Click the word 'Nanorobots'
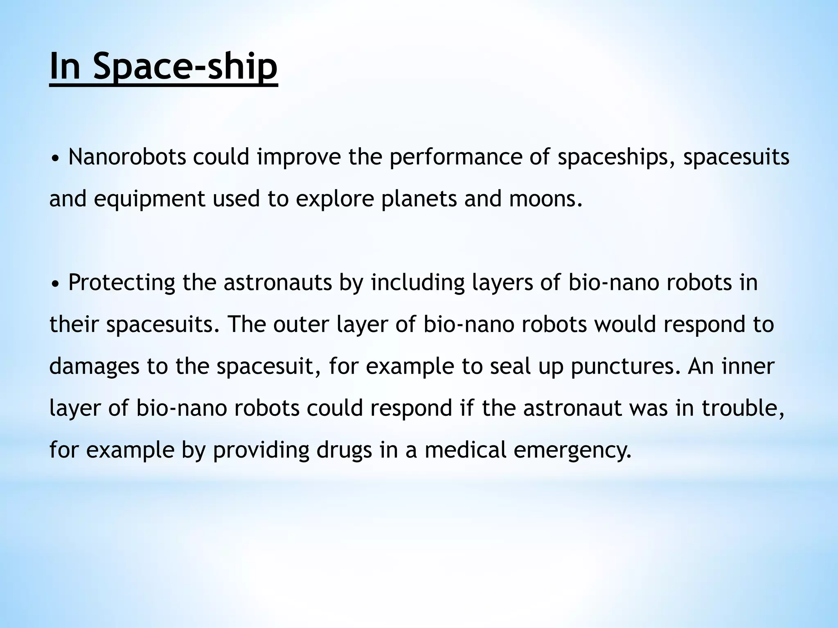(x=127, y=157)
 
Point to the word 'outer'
(x=301, y=325)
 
